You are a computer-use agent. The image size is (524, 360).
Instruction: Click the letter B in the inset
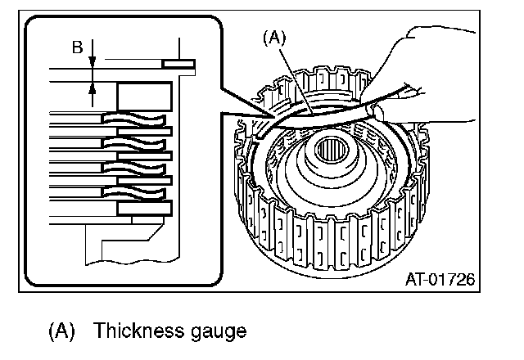click(x=77, y=47)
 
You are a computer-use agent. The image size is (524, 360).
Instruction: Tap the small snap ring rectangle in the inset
click(x=178, y=63)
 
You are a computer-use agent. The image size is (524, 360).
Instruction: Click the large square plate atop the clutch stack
click(x=144, y=97)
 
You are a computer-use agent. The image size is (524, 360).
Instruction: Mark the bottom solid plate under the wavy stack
click(x=144, y=209)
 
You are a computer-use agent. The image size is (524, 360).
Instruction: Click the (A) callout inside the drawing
click(x=274, y=36)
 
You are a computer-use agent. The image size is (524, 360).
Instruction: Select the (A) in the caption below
click(x=62, y=331)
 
